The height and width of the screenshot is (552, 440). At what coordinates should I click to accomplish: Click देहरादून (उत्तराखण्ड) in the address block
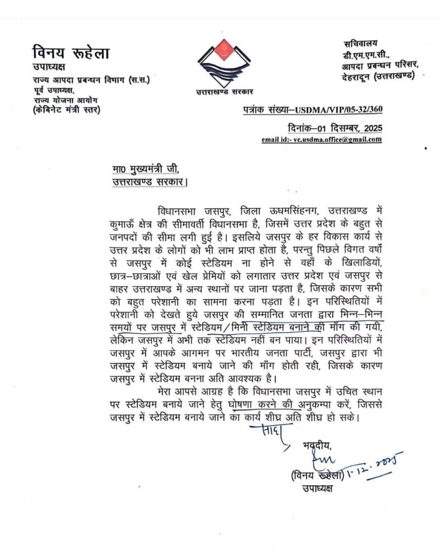click(378, 76)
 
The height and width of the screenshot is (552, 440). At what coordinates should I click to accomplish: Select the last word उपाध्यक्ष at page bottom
click(316, 489)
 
